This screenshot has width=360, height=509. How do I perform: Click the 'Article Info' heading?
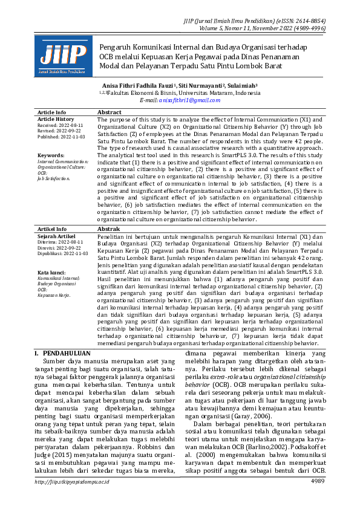[x=52, y=112]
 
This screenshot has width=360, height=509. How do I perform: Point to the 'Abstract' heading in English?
[x=110, y=112]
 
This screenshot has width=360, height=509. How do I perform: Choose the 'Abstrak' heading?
[x=109, y=230]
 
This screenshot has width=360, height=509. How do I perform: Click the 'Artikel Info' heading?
[x=52, y=230]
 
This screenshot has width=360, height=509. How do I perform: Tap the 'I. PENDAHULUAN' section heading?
[x=62, y=353]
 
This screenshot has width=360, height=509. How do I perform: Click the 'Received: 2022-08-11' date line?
[x=59, y=125]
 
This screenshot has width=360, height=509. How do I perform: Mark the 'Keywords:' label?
[x=50, y=155]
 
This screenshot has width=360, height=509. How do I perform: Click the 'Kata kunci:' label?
[x=52, y=273]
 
